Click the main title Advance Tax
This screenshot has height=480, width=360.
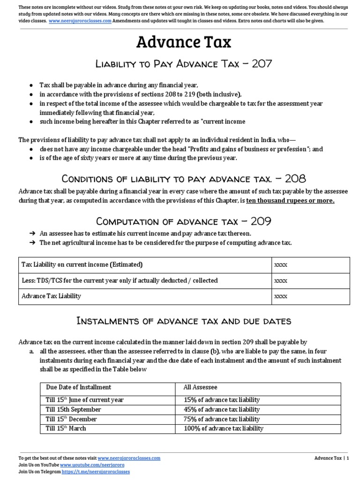pos(183,43)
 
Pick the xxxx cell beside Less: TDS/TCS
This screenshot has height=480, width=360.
pos(280,280)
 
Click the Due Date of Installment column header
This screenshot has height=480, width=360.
pos(79,387)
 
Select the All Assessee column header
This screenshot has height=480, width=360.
pos(201,387)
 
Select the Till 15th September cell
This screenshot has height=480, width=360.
pos(74,410)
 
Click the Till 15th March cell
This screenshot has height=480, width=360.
pos(66,428)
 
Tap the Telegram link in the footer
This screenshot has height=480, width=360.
pos(92,472)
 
